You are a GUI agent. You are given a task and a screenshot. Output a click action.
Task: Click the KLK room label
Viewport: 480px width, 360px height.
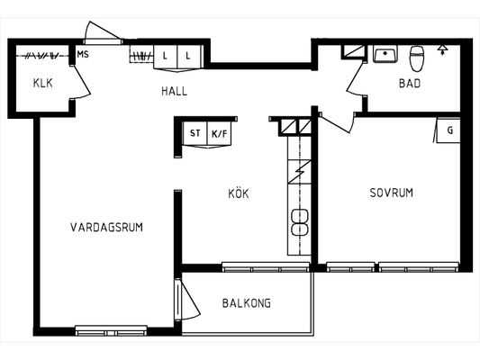(x=43, y=83)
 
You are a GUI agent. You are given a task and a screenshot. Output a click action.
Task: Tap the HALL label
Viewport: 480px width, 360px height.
(x=174, y=91)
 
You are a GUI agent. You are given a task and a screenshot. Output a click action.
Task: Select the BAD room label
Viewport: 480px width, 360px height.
(x=410, y=83)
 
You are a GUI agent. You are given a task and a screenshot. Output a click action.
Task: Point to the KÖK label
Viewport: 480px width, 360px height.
(x=239, y=193)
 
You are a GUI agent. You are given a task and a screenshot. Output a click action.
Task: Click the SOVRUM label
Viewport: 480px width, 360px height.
(x=392, y=193)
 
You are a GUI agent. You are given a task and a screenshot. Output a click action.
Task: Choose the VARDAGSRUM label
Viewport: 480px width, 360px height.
(x=106, y=228)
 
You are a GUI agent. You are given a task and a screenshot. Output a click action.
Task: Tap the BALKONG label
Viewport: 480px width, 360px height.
(x=247, y=303)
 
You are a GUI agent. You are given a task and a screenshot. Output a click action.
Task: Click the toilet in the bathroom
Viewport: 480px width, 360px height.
(x=416, y=58)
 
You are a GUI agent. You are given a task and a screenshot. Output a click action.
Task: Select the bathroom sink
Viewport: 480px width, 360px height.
(x=385, y=54)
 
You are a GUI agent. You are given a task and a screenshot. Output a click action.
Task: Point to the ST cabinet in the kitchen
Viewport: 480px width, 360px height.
(x=195, y=133)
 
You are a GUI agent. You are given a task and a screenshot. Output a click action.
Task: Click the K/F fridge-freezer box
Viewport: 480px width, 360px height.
(x=220, y=133)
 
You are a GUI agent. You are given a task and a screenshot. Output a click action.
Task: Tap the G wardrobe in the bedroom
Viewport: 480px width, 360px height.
(x=448, y=130)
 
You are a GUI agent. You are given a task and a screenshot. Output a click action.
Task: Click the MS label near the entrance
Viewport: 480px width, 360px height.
(x=83, y=54)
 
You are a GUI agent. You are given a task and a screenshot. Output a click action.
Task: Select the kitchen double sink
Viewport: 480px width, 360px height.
(x=300, y=222)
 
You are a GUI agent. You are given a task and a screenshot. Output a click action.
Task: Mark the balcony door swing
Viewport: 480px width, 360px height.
(x=188, y=300)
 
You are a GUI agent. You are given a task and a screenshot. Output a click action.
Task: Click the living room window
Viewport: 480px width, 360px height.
(x=111, y=330)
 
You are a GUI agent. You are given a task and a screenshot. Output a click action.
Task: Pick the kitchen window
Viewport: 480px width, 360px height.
(x=266, y=266)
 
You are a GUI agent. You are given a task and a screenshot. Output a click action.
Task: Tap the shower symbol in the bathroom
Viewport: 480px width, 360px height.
(x=442, y=49)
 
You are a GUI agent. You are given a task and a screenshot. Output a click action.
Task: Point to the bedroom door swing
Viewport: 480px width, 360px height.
(x=337, y=123)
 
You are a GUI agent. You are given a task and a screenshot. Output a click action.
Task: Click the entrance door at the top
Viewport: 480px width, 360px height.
(x=103, y=33)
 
